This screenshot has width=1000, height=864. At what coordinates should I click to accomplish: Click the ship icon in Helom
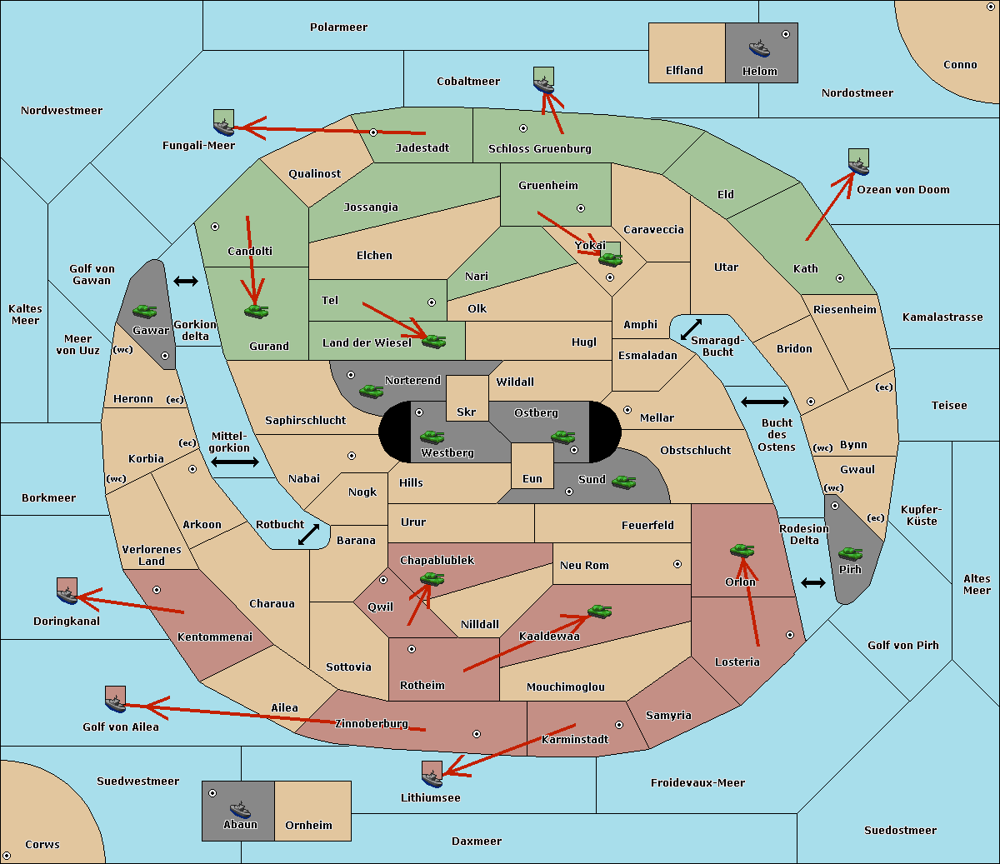[x=759, y=48]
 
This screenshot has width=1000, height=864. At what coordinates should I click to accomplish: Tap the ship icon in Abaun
[x=240, y=809]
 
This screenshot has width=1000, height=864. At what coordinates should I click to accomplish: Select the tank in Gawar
[x=144, y=311]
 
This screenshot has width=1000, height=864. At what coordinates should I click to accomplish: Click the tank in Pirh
[x=850, y=553]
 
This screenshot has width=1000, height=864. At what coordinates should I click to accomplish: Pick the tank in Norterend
[x=371, y=391]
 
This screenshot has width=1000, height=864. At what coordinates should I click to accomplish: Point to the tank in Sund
[x=623, y=482]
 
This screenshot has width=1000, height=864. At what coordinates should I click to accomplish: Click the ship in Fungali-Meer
[x=223, y=127]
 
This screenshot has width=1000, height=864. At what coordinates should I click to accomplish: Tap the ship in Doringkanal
[x=67, y=595]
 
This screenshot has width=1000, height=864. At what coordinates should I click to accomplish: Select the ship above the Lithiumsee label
[x=432, y=778]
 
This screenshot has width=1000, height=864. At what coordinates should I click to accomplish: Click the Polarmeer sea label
[x=338, y=27]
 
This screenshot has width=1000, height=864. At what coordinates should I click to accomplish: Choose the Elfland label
[x=684, y=70]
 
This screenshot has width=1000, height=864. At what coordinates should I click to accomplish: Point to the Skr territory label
[x=467, y=412]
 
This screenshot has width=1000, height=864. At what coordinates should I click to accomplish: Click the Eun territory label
[x=532, y=478]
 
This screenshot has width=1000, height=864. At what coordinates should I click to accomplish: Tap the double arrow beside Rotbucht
[x=308, y=534]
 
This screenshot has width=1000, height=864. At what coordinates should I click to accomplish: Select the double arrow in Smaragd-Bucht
[x=691, y=329]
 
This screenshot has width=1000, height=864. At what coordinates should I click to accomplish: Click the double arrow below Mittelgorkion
[x=235, y=462]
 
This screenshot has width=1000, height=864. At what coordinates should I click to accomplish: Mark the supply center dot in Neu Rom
[x=677, y=564]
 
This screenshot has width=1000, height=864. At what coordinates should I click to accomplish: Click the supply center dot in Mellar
[x=627, y=410]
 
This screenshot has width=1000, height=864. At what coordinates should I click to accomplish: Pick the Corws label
[x=42, y=844]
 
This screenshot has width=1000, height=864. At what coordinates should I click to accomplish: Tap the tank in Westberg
[x=432, y=437]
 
